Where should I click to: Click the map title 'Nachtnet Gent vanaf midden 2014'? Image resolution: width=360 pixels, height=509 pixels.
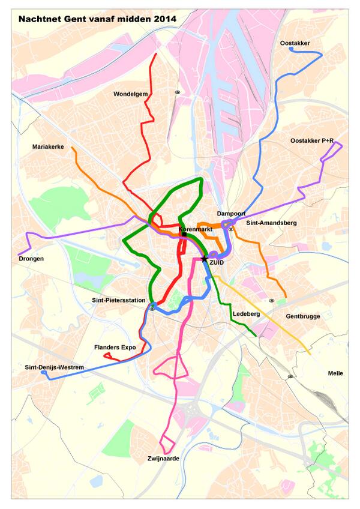(x=97, y=19)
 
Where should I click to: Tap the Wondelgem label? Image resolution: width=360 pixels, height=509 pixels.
(x=130, y=94)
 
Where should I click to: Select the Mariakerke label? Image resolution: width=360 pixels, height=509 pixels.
(x=48, y=146)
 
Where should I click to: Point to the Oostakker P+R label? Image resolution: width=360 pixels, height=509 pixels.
(x=311, y=140)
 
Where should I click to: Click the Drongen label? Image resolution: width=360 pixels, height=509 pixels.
(x=31, y=259)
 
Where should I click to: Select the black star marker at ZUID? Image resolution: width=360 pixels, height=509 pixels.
(x=204, y=259)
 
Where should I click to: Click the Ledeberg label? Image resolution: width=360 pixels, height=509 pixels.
(x=244, y=314)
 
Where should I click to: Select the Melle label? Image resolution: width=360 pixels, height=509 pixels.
(x=335, y=373)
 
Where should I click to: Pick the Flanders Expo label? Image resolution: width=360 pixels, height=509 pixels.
(x=115, y=347)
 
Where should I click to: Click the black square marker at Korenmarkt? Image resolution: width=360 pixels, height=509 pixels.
(x=184, y=235)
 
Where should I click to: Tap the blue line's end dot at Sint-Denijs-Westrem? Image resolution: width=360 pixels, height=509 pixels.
(x=44, y=373)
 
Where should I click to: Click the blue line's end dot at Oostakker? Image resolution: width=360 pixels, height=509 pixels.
(x=291, y=50)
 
